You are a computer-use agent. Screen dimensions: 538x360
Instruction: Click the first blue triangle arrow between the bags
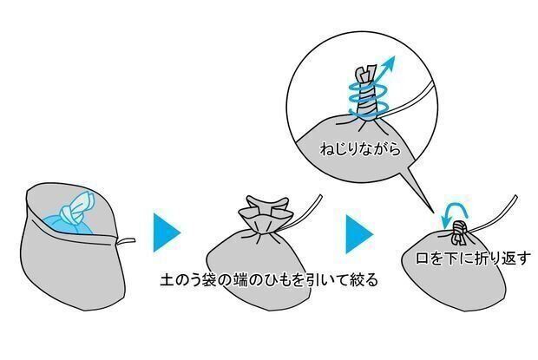pyautogui.click(x=167, y=232)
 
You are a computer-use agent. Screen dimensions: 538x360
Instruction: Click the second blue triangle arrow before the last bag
pyautogui.click(x=359, y=234)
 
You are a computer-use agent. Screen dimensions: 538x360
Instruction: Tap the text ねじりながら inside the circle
pyautogui.click(x=360, y=149)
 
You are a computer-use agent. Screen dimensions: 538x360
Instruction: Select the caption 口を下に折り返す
pyautogui.click(x=474, y=259)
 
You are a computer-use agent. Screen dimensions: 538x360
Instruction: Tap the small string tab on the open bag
pyautogui.click(x=126, y=241)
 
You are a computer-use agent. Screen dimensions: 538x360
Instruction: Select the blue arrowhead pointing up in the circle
pyautogui.click(x=389, y=63)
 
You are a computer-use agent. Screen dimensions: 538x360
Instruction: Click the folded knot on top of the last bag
pyautogui.click(x=459, y=233)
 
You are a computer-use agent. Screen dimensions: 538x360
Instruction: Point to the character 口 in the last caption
pyautogui.click(x=423, y=259)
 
